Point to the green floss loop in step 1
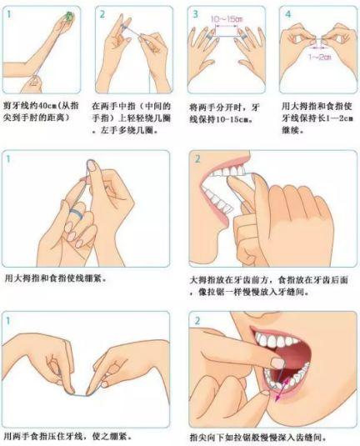[69, 14]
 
